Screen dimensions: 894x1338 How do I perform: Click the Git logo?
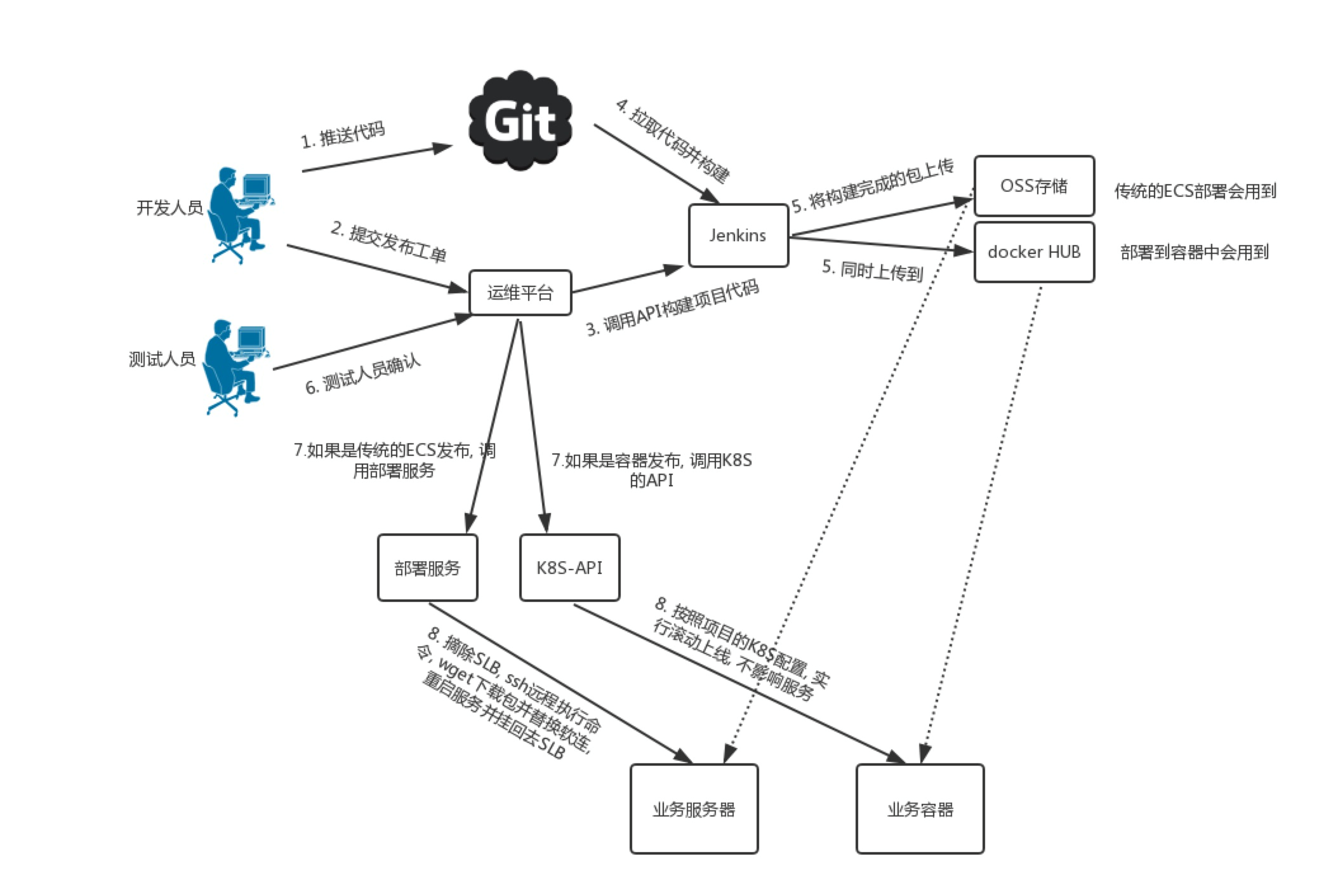(520, 121)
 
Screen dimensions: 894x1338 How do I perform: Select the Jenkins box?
(738, 236)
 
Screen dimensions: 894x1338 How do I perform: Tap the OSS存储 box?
(1033, 186)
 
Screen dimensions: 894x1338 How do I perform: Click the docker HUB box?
(1033, 252)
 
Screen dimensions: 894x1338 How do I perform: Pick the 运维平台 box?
(520, 293)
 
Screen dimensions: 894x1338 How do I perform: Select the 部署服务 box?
(427, 568)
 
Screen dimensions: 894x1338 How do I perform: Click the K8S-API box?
(569, 568)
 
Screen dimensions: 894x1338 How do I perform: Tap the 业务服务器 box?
(694, 809)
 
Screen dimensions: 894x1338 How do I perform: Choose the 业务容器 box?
(920, 809)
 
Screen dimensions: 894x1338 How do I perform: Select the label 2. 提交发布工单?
(388, 242)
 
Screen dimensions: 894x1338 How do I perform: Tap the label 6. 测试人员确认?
(363, 375)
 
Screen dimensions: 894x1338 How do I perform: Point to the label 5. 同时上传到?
(872, 270)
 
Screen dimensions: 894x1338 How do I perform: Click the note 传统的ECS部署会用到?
(1195, 191)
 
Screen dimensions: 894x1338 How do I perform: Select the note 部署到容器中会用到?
(1195, 252)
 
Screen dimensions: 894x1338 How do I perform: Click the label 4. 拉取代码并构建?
(673, 141)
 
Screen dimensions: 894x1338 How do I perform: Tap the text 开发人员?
(169, 208)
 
